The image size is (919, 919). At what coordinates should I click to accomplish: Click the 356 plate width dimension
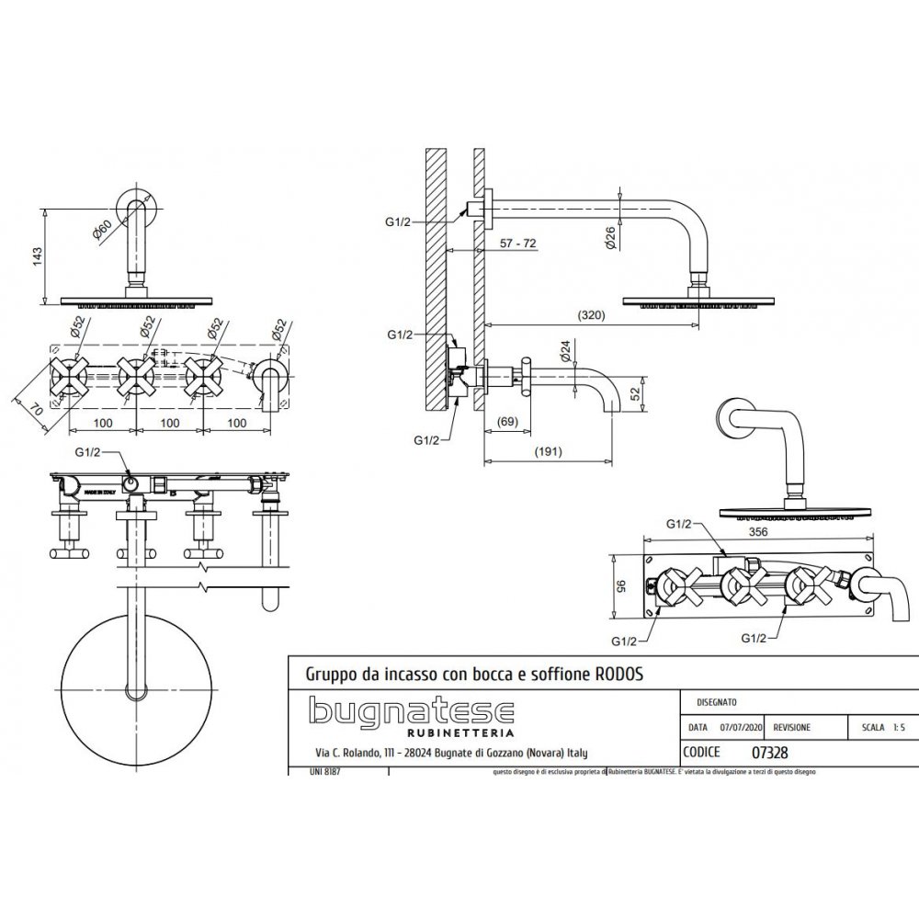click(760, 531)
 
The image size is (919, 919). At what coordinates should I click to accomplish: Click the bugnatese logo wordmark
click(411, 712)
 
